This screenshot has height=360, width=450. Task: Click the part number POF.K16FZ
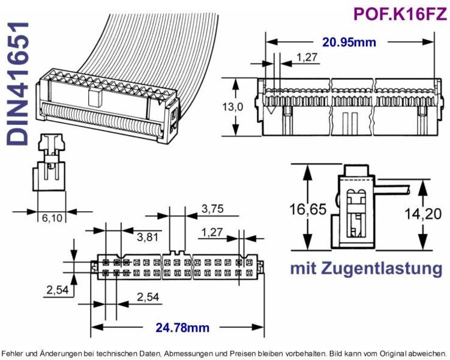pos(400,14)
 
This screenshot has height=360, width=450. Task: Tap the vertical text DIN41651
pos(18,83)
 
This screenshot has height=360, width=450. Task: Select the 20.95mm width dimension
pos(349,42)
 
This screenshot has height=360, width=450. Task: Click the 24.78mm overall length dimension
pos(182,327)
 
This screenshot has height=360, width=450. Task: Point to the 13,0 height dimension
pos(232,107)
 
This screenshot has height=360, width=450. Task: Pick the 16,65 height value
pos(308,209)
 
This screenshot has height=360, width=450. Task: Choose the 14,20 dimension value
pos(423,214)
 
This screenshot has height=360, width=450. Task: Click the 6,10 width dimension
pos(52,218)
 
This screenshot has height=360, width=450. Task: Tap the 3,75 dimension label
pos(212,209)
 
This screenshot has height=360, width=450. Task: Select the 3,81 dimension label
pos(148,237)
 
